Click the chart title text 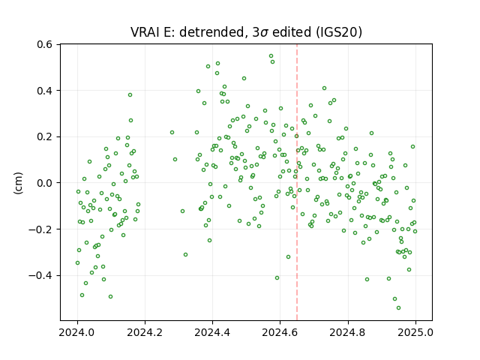pyautogui.click(x=247, y=32)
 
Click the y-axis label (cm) pyautogui.click(x=18, y=183)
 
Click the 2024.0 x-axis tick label pyautogui.click(x=77, y=332)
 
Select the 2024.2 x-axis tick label pyautogui.click(x=145, y=332)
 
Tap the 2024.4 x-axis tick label pyautogui.click(x=212, y=332)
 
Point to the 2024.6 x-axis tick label pyautogui.click(x=280, y=332)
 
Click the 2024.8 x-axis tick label pyautogui.click(x=348, y=332)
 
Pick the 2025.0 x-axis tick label pyautogui.click(x=415, y=332)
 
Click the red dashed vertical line pyautogui.click(x=297, y=182)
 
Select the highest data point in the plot pyautogui.click(x=271, y=56)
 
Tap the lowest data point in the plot pyautogui.click(x=398, y=308)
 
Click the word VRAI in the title pyautogui.click(x=145, y=32)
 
